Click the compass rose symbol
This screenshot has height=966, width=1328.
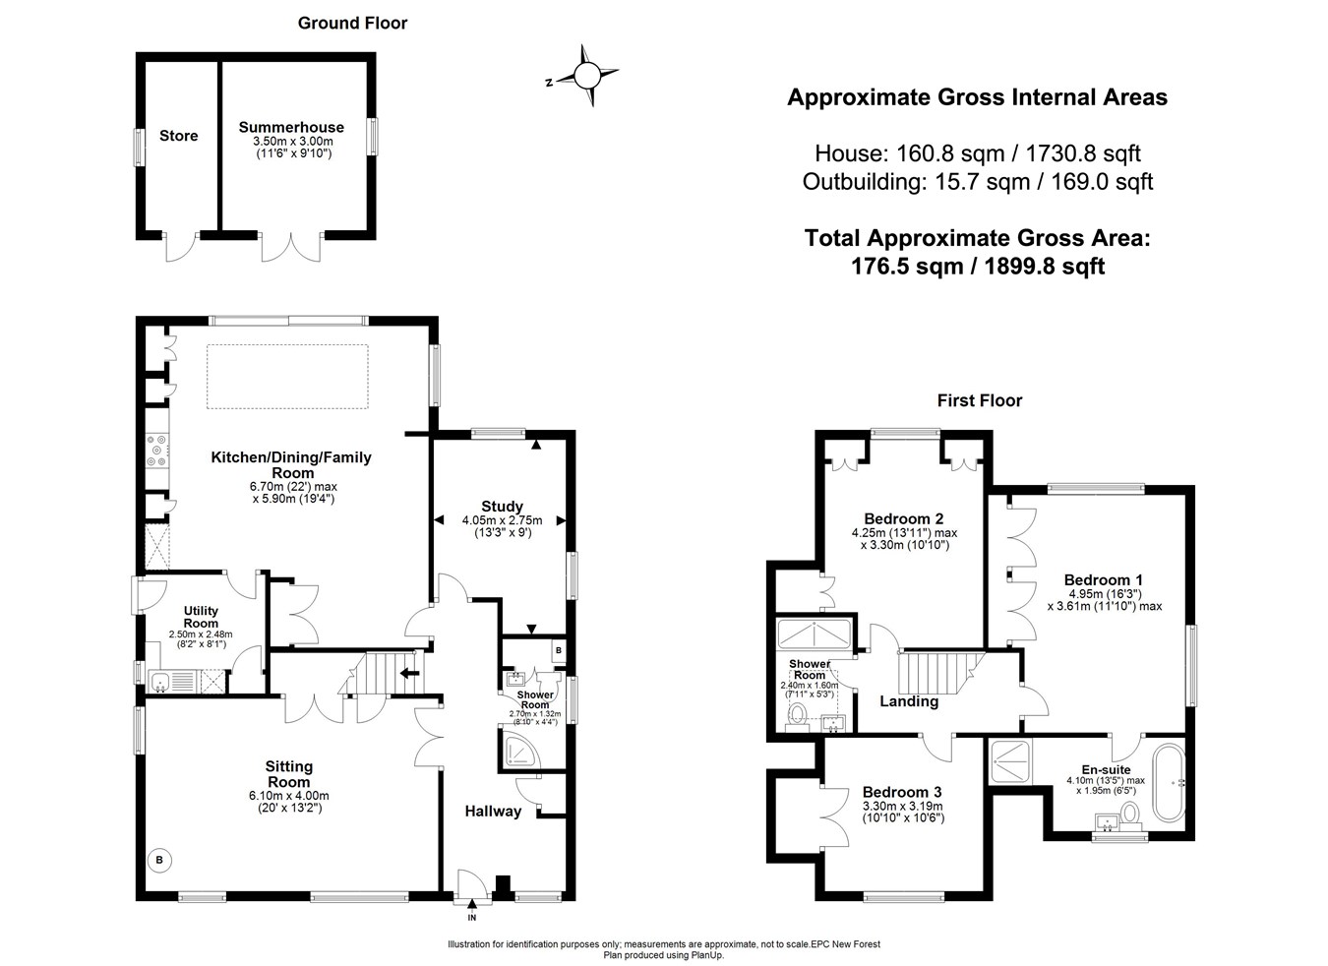click(x=586, y=75)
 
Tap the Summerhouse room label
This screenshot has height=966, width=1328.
click(x=291, y=127)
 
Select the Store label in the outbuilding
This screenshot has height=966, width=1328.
click(x=179, y=136)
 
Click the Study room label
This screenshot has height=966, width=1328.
click(x=502, y=507)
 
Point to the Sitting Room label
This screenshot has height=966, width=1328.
click(x=289, y=774)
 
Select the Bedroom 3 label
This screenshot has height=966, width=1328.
click(x=902, y=792)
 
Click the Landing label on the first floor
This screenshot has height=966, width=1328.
click(x=908, y=701)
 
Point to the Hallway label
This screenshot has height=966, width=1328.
click(x=493, y=811)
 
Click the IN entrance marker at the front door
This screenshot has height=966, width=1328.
click(x=472, y=917)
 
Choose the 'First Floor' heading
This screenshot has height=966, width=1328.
click(x=979, y=400)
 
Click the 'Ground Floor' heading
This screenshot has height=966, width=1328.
click(x=352, y=23)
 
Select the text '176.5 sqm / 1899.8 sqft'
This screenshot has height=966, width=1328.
click(x=977, y=266)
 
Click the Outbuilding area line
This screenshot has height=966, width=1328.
click(x=977, y=181)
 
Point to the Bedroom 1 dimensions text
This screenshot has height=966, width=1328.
click(x=1104, y=600)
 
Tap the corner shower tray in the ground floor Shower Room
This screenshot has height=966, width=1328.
click(x=517, y=751)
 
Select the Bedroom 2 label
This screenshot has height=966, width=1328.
click(x=904, y=518)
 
